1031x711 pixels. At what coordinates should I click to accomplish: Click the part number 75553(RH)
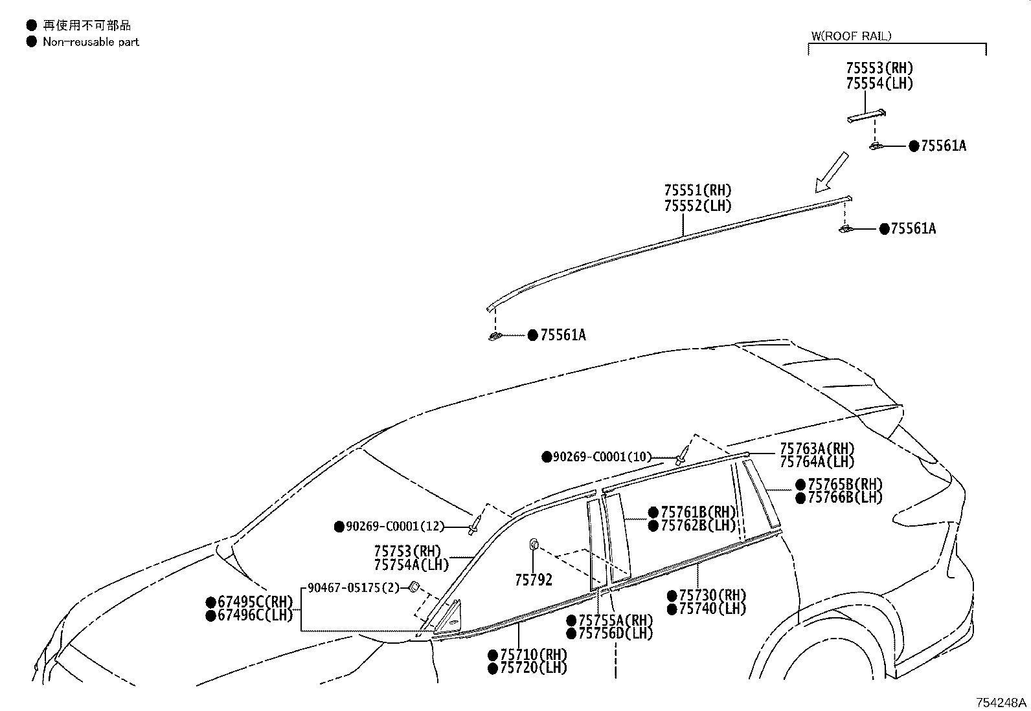point(879,68)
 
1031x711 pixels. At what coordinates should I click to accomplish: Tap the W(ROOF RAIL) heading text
point(851,36)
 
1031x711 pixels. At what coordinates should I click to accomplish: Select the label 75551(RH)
point(697,190)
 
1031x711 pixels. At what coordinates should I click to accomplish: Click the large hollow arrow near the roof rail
point(832,173)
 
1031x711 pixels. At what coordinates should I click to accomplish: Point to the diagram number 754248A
point(1001,702)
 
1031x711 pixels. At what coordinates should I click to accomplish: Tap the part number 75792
point(534,580)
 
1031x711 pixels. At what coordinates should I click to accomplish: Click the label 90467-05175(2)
point(354,587)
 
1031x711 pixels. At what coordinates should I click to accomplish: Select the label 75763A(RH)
point(817,448)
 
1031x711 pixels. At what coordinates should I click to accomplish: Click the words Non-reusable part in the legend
point(91,42)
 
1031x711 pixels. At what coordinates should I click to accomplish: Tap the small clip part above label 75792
point(534,543)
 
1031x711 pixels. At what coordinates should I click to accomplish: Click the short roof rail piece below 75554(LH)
point(867,116)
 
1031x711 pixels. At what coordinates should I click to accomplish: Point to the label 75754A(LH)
point(411,565)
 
